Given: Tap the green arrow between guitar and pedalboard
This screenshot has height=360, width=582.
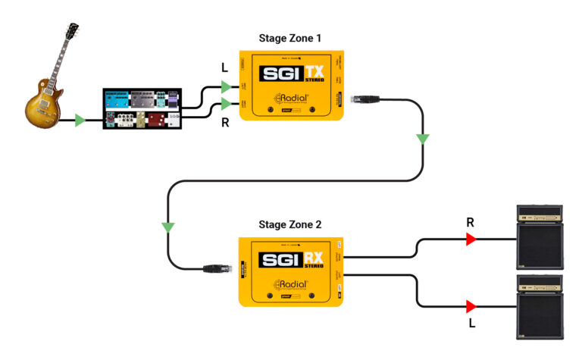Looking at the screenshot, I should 80,120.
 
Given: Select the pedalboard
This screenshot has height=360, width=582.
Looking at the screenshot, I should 142,109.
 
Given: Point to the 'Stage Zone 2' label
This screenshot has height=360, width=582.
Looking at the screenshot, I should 290,224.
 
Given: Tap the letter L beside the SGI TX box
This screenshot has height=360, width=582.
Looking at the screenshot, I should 224,67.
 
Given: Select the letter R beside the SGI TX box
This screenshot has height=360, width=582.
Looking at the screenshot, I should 224,123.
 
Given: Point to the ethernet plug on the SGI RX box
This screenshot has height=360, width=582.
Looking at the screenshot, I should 214,267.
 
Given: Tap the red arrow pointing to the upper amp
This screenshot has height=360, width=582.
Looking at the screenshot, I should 471,239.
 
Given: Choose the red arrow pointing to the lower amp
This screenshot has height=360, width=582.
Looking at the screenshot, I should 471,306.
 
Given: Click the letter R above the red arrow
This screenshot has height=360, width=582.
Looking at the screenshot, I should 470,222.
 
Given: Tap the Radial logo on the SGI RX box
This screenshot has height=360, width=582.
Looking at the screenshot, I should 291,285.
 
